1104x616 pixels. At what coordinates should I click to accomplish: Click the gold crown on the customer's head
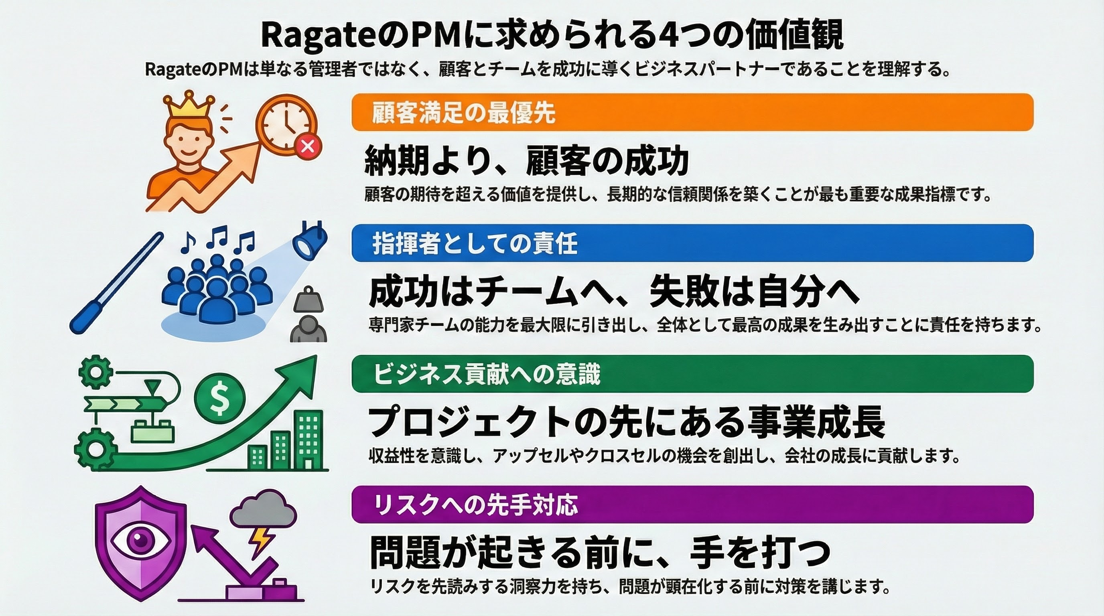(189, 105)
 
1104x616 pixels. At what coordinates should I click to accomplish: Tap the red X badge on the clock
(308, 146)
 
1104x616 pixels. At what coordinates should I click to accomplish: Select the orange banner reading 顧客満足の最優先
(692, 112)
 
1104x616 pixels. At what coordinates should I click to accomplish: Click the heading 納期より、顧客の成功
(527, 161)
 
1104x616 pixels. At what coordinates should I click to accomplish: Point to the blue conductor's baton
(116, 283)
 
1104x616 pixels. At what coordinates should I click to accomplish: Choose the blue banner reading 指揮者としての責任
(692, 243)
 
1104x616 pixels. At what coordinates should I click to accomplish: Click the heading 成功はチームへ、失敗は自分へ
(614, 293)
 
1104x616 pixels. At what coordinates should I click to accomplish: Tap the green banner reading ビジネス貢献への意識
(692, 374)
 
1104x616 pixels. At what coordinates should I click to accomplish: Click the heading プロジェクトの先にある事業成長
(627, 422)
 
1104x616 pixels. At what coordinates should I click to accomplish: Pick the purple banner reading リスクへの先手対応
(692, 504)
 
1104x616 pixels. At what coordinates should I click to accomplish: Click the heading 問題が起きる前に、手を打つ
(600, 553)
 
